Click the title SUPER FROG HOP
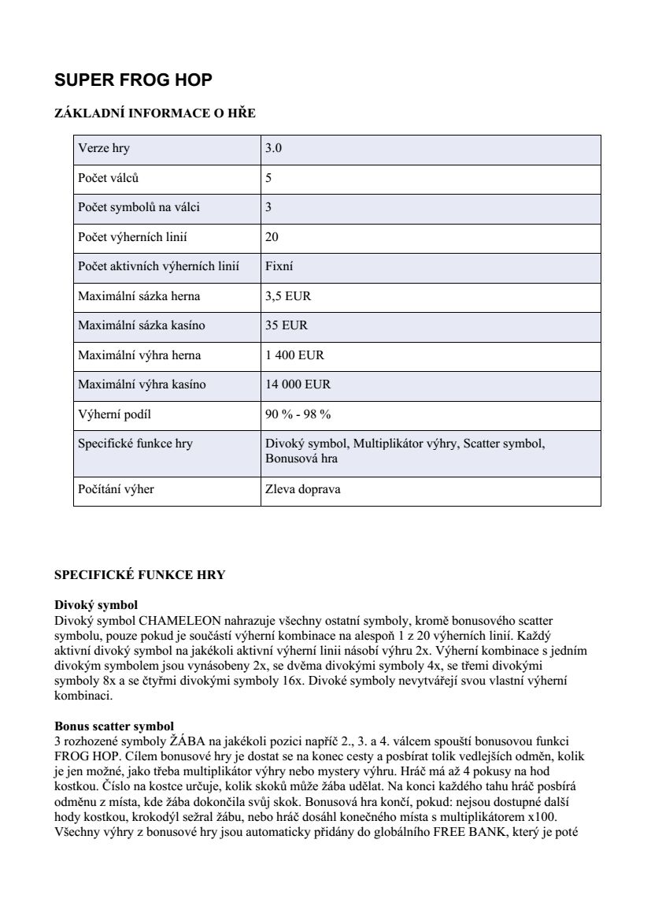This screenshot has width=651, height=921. tap(133, 80)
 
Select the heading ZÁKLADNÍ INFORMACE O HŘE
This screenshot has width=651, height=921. tap(154, 113)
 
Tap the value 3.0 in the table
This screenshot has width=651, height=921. tap(274, 148)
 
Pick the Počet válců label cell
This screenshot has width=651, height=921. tap(109, 178)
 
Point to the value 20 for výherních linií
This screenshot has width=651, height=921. tap(272, 237)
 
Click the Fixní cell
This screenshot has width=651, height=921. tap(279, 266)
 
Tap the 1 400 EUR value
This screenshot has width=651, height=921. tap(294, 355)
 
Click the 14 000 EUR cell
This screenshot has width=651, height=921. tap(298, 384)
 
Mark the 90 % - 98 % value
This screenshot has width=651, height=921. tap(298, 414)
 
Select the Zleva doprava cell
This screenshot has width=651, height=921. tap(303, 489)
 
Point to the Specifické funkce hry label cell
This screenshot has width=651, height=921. tap(135, 444)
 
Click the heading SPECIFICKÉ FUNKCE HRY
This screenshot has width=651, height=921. tap(139, 575)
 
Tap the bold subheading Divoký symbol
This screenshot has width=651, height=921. tap(96, 606)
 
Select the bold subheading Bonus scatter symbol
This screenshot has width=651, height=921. tap(114, 726)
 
